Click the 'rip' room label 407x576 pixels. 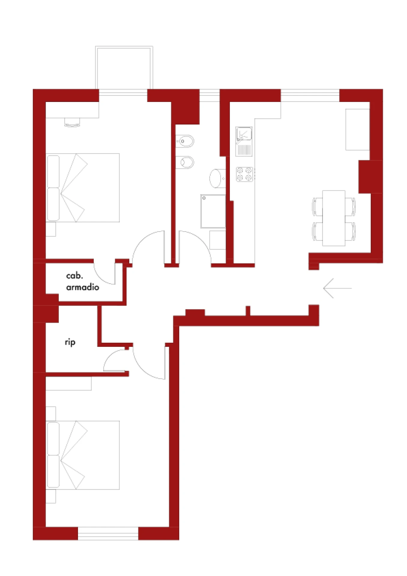click(x=70, y=342)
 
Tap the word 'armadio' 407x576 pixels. click(x=83, y=287)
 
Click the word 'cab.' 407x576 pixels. click(x=74, y=275)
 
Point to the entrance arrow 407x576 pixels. click(x=337, y=288)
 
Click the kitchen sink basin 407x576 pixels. click(x=244, y=133)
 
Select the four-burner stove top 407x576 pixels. click(x=244, y=174)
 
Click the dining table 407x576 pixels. click(x=334, y=218)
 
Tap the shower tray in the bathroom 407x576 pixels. click(x=213, y=211)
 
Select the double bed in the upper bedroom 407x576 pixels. click(x=83, y=188)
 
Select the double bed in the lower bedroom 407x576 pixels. click(x=83, y=455)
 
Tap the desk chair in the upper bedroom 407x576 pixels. click(x=72, y=122)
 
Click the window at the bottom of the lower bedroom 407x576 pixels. click(x=108, y=534)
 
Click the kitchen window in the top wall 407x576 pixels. click(x=310, y=95)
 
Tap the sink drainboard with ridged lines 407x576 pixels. click(x=244, y=149)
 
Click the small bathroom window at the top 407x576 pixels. click(x=210, y=95)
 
